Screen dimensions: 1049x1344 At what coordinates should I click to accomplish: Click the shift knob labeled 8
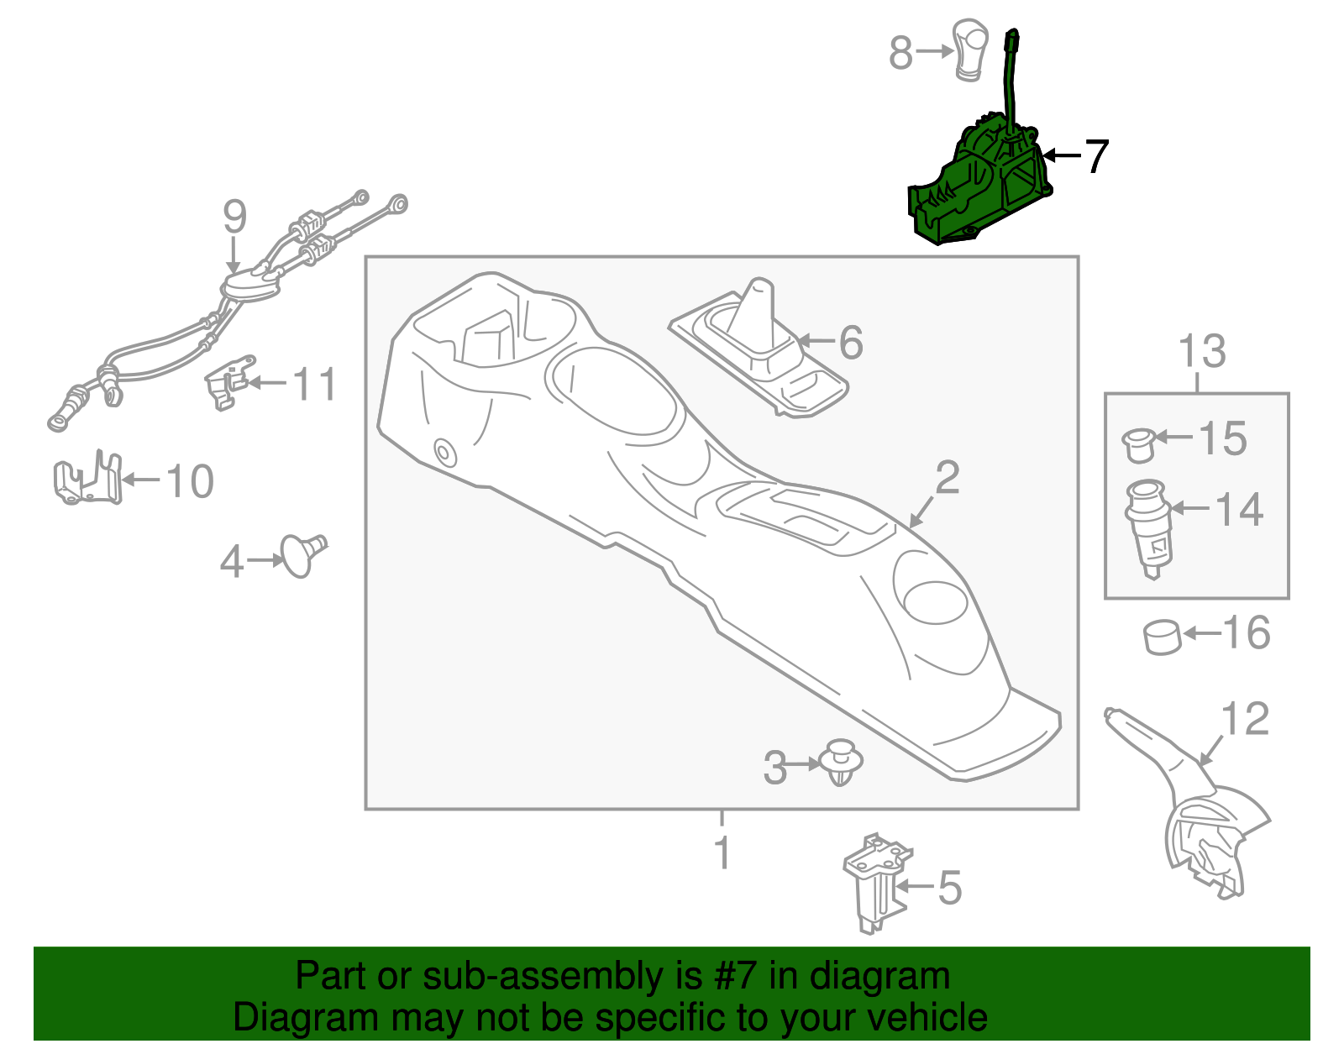click(968, 50)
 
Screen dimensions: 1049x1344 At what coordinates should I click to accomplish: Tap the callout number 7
click(1096, 157)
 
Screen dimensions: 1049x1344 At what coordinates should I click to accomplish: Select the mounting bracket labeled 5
click(874, 882)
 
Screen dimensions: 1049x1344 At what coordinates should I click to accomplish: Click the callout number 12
click(1245, 720)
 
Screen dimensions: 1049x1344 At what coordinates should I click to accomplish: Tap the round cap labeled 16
click(1163, 637)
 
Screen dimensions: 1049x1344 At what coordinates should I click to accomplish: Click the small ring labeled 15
click(1138, 443)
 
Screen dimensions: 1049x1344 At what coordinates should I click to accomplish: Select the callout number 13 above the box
click(1202, 351)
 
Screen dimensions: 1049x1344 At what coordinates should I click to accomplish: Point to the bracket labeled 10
click(87, 481)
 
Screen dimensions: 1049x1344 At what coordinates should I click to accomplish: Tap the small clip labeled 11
click(227, 384)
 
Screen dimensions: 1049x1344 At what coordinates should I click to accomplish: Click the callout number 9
click(235, 217)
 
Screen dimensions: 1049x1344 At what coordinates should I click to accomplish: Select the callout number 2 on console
click(947, 478)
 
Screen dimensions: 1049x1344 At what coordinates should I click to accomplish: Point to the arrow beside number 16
click(1201, 633)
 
